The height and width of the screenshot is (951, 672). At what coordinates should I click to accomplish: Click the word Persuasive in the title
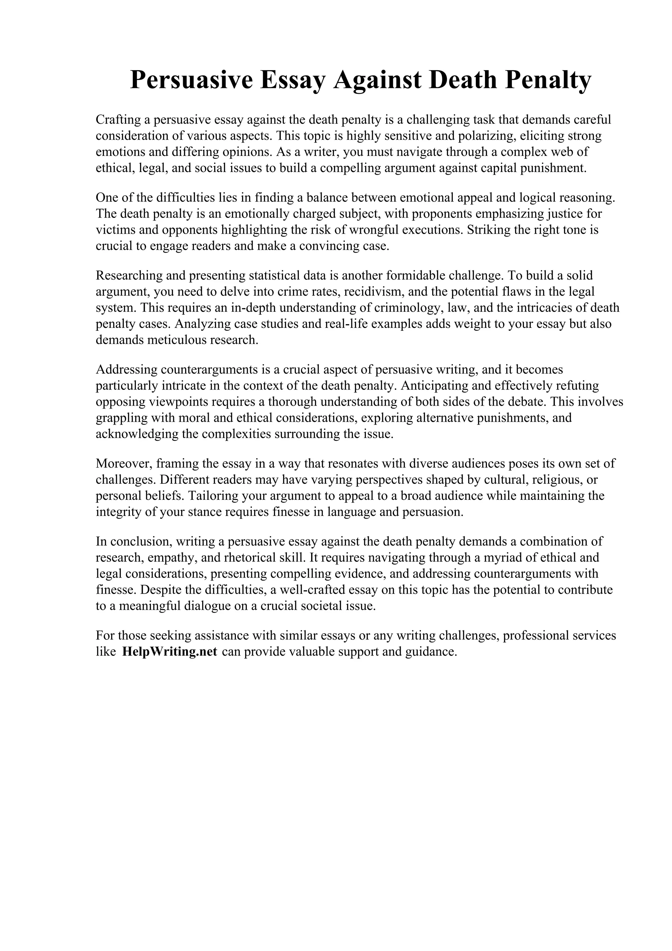191,80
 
